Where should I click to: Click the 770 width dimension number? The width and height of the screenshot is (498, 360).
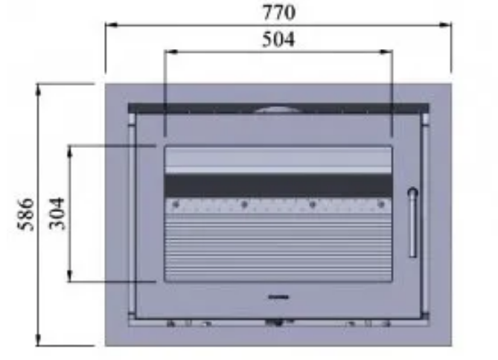[279, 13]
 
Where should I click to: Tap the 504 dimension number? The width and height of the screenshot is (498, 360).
[278, 39]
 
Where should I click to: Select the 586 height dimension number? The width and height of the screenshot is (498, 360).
[25, 214]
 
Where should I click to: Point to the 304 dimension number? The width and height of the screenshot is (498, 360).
[57, 213]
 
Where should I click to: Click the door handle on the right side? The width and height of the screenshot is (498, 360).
[412, 222]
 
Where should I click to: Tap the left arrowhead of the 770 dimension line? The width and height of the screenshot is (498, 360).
[112, 25]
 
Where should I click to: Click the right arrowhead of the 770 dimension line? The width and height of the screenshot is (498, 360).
[445, 25]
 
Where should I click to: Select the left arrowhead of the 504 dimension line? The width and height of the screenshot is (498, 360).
[171, 51]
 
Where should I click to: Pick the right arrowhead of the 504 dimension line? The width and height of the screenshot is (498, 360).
[386, 51]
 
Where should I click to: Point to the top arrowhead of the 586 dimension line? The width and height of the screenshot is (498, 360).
[38, 90]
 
